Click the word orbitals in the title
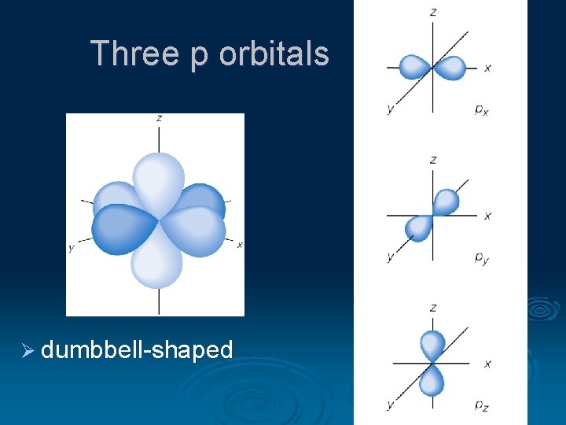[274, 54]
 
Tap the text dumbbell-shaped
[137, 349]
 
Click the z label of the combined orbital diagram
[160, 118]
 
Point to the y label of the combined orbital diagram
[71, 248]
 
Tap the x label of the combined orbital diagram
[239, 245]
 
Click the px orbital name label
[481, 109]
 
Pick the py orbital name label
[481, 257]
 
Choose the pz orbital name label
[481, 405]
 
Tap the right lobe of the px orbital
[450, 68]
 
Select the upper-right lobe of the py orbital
[446, 201]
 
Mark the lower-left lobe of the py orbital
[419, 228]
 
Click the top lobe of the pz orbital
[432, 344]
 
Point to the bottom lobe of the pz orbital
[432, 382]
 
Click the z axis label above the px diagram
[433, 12]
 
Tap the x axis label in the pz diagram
[488, 364]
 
